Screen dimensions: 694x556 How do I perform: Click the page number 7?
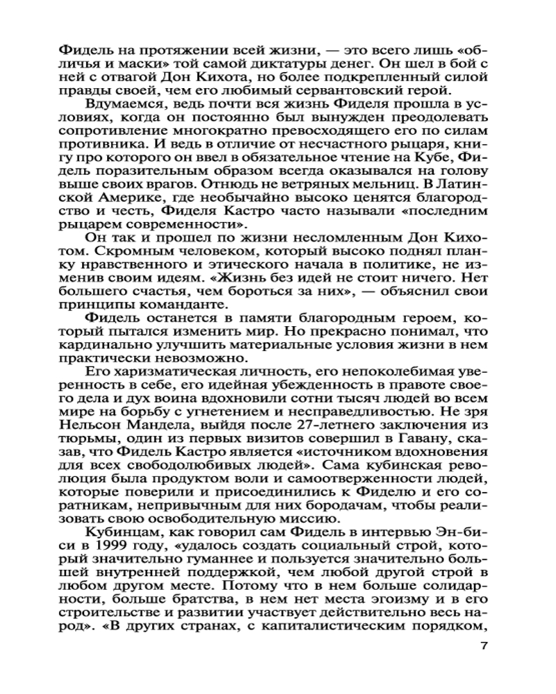484,646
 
